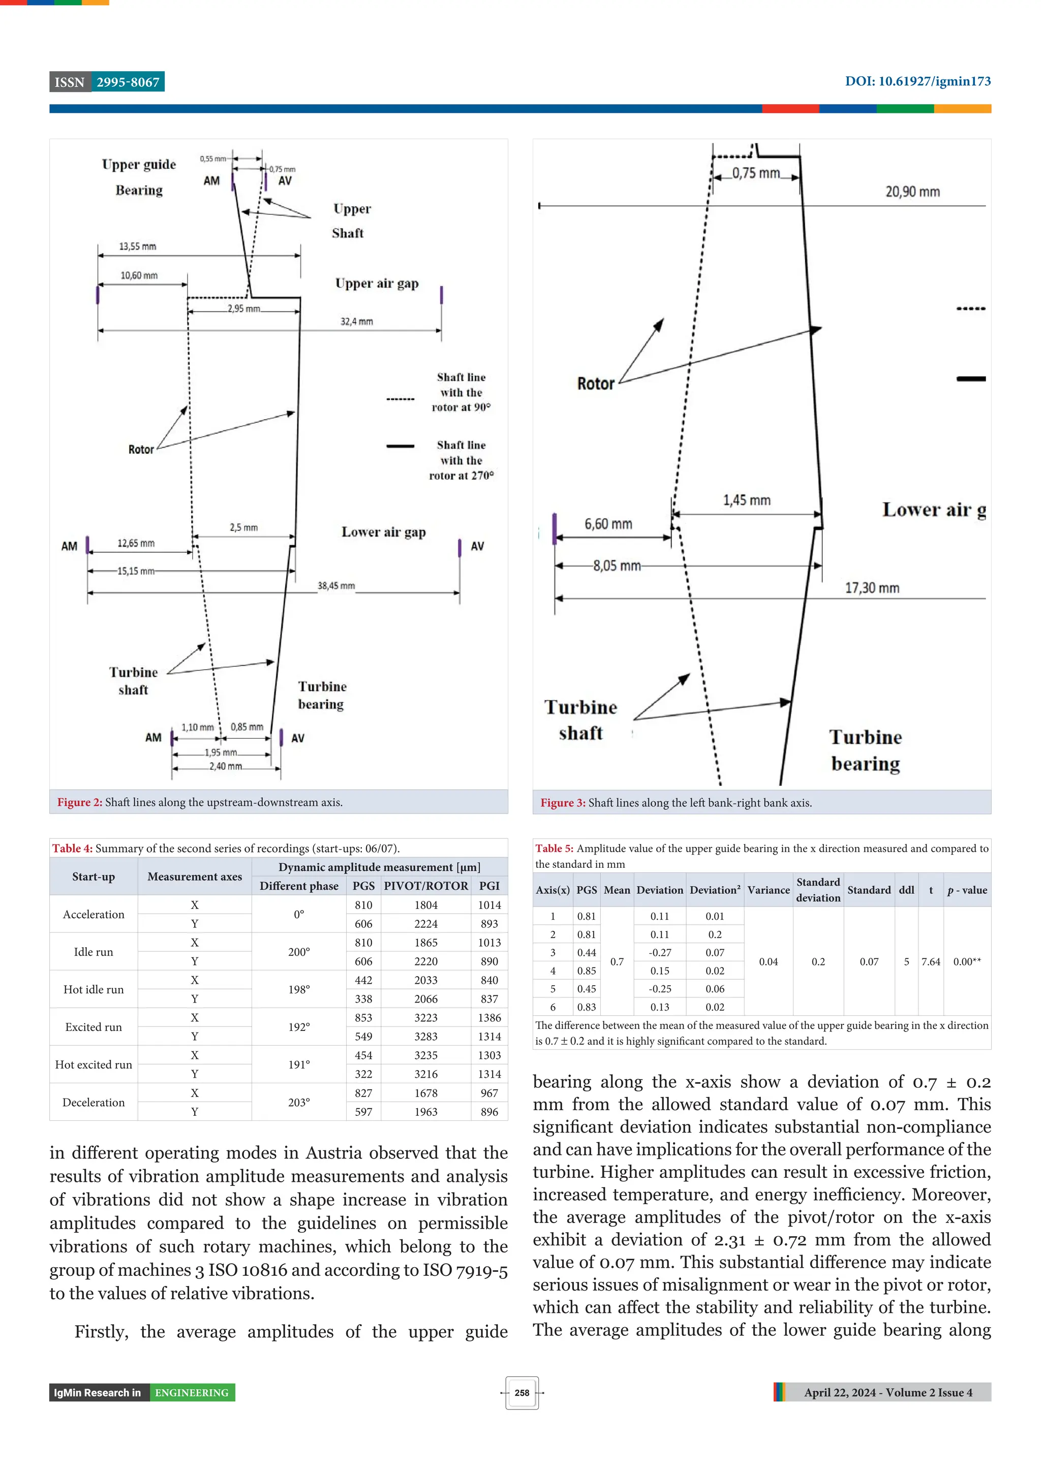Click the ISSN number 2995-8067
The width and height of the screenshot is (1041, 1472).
128,82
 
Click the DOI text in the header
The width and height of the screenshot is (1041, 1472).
917,81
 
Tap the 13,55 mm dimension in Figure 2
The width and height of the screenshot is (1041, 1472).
137,246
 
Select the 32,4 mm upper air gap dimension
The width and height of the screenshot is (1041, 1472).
357,321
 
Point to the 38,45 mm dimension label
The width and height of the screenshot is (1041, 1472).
336,585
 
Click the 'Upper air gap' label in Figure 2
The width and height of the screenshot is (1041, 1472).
377,284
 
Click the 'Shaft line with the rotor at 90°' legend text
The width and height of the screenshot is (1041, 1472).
461,392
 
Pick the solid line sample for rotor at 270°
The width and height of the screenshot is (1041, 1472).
400,446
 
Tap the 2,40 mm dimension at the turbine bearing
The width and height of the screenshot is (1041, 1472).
226,766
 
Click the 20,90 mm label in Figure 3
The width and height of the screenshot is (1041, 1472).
912,192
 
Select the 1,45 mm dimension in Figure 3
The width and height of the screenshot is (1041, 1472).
747,500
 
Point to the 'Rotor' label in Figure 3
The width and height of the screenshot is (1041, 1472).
595,384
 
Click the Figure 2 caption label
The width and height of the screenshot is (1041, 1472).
79,802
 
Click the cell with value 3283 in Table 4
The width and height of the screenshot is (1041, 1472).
426,1037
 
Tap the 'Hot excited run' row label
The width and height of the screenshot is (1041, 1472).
94,1065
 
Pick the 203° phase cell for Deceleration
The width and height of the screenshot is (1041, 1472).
299,1103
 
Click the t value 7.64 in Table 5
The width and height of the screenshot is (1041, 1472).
931,962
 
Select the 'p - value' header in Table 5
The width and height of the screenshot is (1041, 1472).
967,890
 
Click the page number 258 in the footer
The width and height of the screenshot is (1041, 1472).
522,1393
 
